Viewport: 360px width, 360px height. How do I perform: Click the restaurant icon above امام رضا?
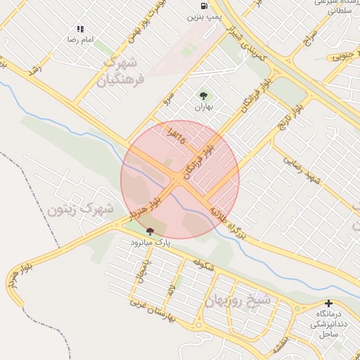point(80,29)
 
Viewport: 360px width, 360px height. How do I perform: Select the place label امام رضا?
point(79,39)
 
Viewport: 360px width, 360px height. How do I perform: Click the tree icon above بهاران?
point(204,96)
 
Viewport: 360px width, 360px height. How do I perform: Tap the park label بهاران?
point(204,107)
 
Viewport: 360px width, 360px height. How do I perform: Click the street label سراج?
point(309,39)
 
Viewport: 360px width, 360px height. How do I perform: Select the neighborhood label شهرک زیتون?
point(81,209)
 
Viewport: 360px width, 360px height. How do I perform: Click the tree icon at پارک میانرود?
point(150,231)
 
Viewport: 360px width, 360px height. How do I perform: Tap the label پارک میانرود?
point(150,242)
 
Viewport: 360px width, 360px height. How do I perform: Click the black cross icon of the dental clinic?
point(328,304)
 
